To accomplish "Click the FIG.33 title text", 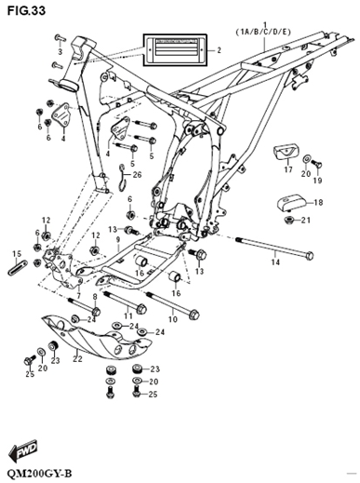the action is [26, 10].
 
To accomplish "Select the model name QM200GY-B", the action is [39, 475].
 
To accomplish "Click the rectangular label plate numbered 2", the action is [175, 49].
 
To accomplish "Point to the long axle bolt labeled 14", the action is [274, 248].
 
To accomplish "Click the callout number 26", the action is [137, 175].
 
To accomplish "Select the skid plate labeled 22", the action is [97, 337].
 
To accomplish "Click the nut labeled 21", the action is [288, 220].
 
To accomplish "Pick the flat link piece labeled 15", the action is [18, 268].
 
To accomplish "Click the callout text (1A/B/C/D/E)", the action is [263, 32].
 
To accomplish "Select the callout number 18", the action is [318, 203].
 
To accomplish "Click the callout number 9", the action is [118, 239].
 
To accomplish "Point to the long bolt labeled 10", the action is [172, 304].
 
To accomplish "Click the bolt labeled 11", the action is [125, 301].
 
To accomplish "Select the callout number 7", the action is [79, 296].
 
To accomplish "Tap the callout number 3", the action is [60, 51].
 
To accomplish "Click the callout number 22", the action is [77, 358].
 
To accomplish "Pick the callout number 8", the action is [95, 297].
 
